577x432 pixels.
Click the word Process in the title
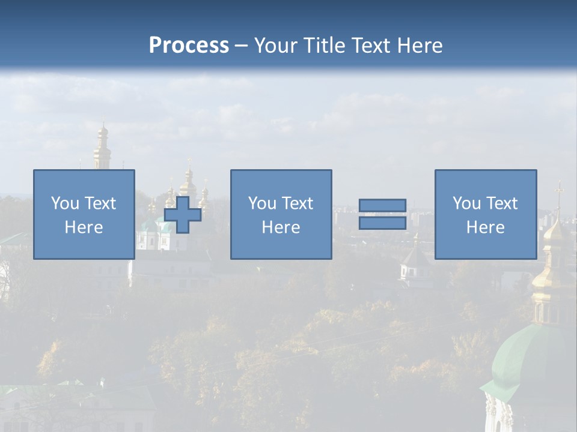click(189, 46)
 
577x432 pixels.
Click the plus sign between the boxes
click(183, 215)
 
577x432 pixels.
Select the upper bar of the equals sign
click(382, 205)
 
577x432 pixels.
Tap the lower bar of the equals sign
click(382, 223)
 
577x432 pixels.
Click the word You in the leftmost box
click(64, 203)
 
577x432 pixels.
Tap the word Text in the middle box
click(298, 203)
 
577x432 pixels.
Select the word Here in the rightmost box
click(486, 227)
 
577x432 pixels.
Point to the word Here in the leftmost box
click(84, 227)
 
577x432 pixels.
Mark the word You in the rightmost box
click(466, 203)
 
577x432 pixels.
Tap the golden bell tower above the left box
click(102, 147)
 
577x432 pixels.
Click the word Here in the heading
click(419, 46)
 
